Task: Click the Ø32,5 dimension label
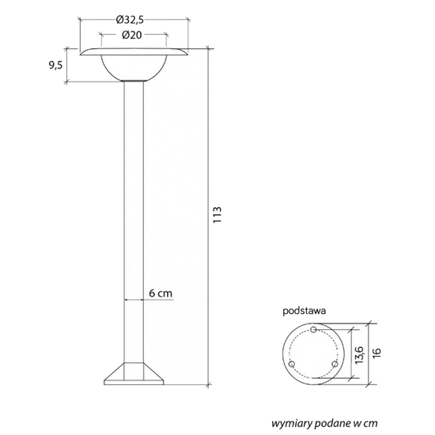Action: click(x=130, y=20)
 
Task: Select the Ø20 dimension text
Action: click(x=132, y=35)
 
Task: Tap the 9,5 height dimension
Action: click(x=56, y=66)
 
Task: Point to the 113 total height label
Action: click(x=217, y=214)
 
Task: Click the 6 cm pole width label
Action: click(x=161, y=293)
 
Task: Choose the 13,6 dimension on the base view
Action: click(x=359, y=355)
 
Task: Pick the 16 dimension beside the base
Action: click(x=376, y=353)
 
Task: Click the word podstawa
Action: click(x=304, y=311)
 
